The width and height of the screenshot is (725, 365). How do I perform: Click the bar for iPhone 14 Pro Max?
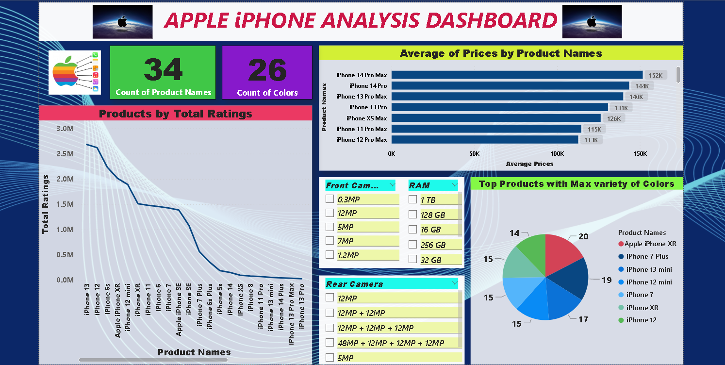pyautogui.click(x=517, y=75)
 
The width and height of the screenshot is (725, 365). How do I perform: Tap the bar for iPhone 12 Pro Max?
pyautogui.click(x=485, y=140)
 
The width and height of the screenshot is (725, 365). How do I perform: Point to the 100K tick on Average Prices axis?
pyautogui.click(x=557, y=154)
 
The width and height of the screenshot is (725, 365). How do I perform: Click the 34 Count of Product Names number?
pyautogui.click(x=163, y=70)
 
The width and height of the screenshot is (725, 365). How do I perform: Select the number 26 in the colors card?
pyautogui.click(x=267, y=70)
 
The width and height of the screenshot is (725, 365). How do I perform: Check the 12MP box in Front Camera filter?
pyautogui.click(x=330, y=213)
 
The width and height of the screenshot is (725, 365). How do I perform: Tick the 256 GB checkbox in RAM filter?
pyautogui.click(x=413, y=245)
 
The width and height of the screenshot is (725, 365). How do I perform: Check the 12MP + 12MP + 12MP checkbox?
pyautogui.click(x=330, y=328)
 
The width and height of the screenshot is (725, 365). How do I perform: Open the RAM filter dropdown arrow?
pyautogui.click(x=454, y=185)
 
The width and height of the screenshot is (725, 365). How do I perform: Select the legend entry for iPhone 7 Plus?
pyautogui.click(x=647, y=256)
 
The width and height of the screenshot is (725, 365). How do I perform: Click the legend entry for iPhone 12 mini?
pyautogui.click(x=649, y=282)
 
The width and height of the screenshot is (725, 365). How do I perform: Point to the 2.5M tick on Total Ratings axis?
pyautogui.click(x=65, y=154)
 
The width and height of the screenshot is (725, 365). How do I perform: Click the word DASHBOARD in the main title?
pyautogui.click(x=490, y=20)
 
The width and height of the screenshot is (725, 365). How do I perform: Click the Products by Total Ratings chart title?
pyautogui.click(x=176, y=114)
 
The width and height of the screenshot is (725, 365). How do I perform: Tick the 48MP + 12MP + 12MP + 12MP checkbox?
pyautogui.click(x=330, y=343)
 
